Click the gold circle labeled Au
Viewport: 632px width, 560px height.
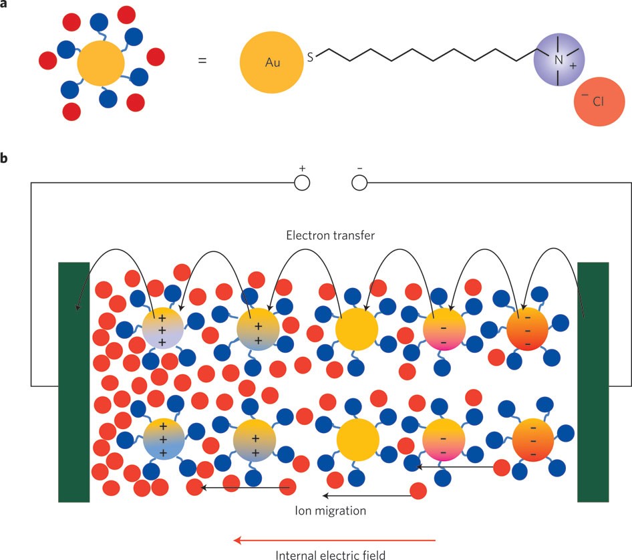click(x=268, y=63)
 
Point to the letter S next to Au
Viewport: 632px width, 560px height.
click(x=309, y=58)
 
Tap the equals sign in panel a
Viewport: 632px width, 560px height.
click(x=202, y=60)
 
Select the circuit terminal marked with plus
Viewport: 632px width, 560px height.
click(x=301, y=182)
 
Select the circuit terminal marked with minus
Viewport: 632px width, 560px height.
click(x=359, y=182)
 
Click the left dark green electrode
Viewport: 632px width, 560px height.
click(x=74, y=381)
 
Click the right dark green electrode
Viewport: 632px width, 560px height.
click(x=593, y=381)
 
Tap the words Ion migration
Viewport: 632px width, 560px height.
click(x=330, y=511)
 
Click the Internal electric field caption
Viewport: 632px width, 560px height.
click(x=331, y=553)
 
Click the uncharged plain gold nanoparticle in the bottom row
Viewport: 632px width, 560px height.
click(x=358, y=440)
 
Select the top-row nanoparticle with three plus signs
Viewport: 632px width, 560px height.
click(x=162, y=328)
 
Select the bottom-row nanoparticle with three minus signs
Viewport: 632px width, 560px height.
click(x=532, y=440)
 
